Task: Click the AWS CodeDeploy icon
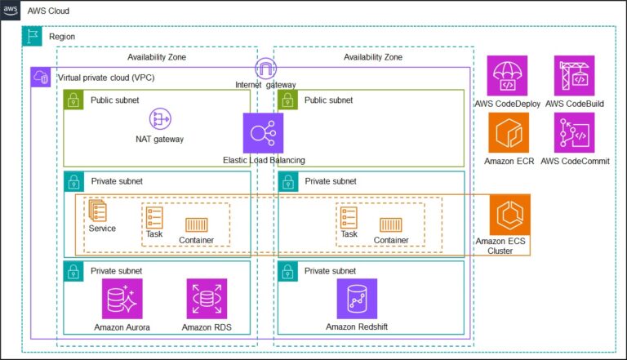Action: point(508,76)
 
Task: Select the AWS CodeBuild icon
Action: point(575,76)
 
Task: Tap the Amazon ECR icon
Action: point(508,132)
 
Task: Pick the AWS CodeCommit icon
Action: point(575,132)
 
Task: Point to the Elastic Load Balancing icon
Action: point(263,133)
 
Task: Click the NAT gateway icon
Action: point(159,119)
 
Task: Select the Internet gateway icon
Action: point(265,69)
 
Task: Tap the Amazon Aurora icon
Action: point(122,299)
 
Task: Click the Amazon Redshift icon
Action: point(357,299)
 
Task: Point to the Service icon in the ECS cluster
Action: point(98,211)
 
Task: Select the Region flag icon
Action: point(33,37)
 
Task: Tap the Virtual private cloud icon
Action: point(41,78)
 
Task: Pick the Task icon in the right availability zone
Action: point(349,217)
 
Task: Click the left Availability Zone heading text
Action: point(157,57)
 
